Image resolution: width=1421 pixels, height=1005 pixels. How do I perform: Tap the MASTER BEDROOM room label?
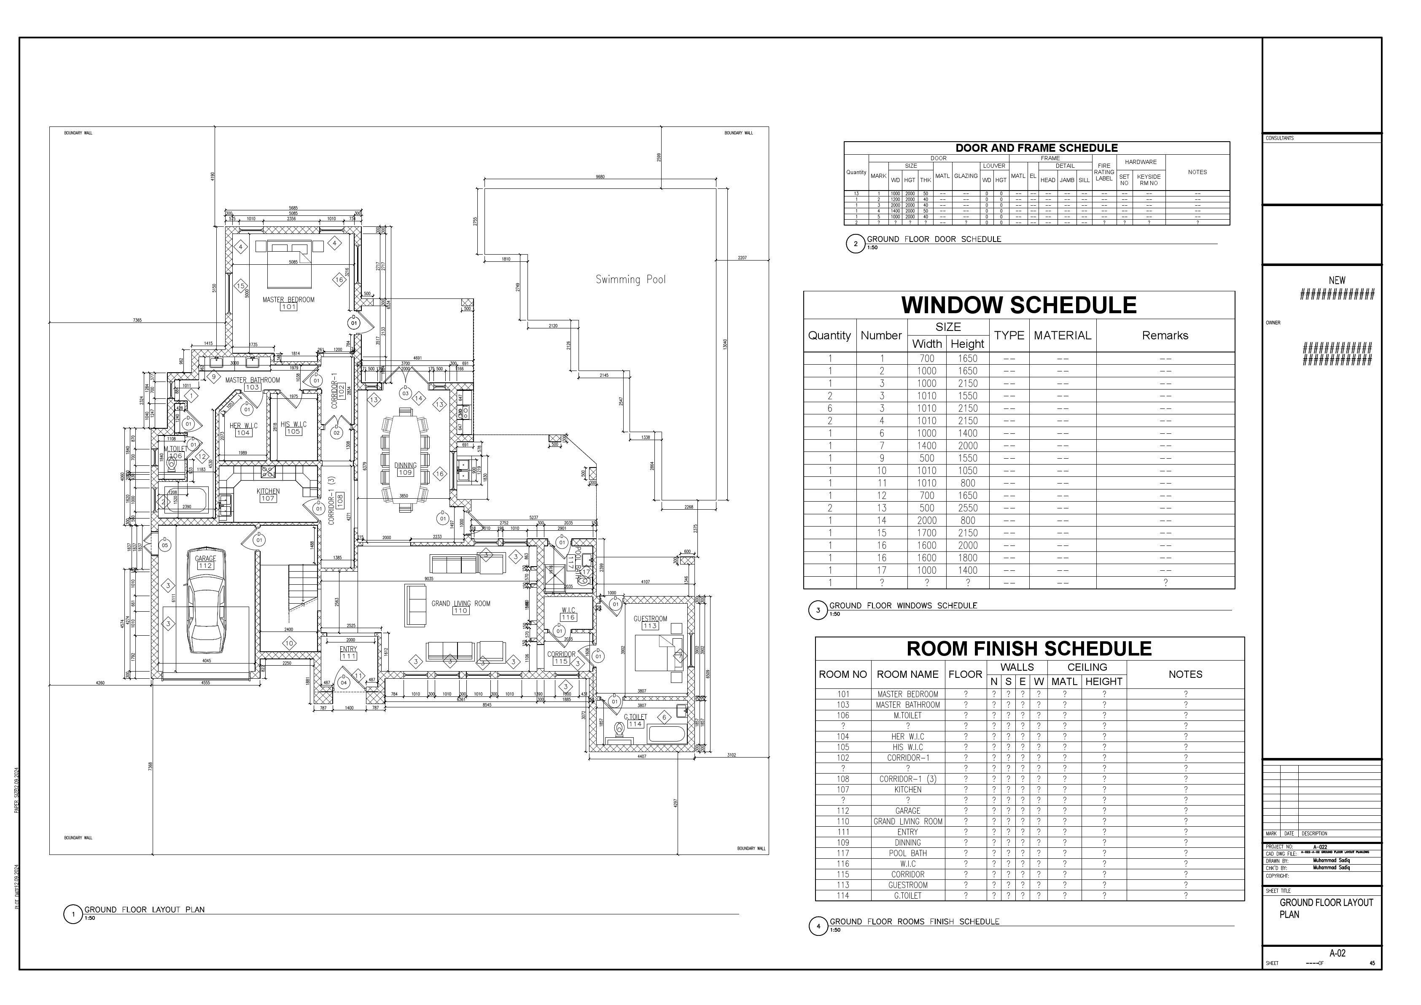pos(288,300)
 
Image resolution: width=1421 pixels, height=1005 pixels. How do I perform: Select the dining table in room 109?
pos(405,458)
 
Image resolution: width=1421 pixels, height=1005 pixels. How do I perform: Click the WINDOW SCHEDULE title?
pos(1018,305)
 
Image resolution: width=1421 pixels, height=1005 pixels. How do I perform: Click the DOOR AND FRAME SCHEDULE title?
pos(1036,148)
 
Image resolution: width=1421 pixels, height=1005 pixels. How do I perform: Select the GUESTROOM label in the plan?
pos(650,619)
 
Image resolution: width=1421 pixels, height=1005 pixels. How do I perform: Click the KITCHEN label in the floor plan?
pos(268,492)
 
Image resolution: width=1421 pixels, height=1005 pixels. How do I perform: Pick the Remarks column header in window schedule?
pos(1165,336)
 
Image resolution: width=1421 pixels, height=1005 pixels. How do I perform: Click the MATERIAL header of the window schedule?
pos(1062,336)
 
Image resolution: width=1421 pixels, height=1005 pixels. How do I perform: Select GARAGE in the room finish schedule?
pos(907,811)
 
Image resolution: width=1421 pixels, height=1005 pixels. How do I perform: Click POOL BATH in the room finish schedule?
pos(907,853)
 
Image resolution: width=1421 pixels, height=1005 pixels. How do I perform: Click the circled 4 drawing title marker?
pos(818,927)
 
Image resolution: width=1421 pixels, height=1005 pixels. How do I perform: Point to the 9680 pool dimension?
pos(600,177)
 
